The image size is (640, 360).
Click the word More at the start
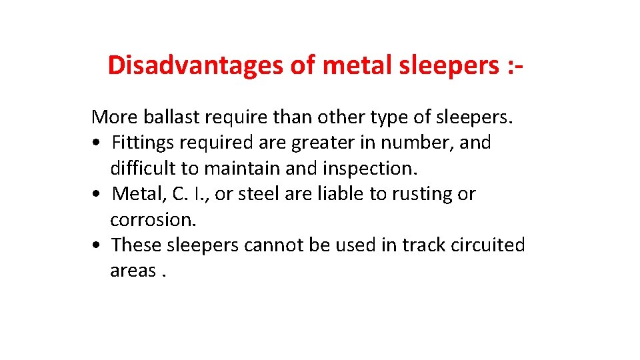(113, 117)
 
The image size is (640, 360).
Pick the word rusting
(414, 194)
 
